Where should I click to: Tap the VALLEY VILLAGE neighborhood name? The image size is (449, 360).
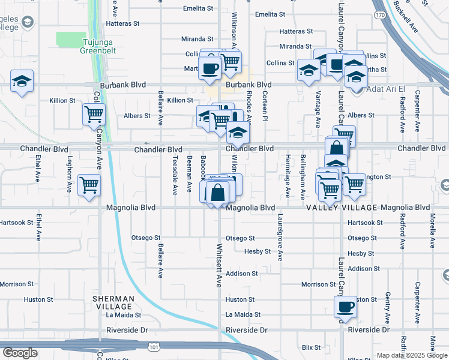point(342,208)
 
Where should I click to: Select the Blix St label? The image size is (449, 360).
point(312,347)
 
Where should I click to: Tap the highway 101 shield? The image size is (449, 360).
point(154,347)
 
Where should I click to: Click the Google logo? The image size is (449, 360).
point(20,353)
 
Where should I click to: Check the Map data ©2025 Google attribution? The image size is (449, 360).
point(412,355)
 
